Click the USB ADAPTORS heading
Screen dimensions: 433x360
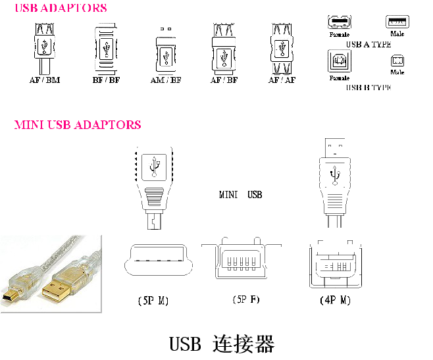60,9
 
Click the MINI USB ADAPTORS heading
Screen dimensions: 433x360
78,124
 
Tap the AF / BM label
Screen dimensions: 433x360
45,80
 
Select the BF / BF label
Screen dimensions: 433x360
107,80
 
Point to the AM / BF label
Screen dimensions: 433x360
166,80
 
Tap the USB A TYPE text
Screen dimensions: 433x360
368,45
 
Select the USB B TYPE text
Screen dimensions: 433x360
368,87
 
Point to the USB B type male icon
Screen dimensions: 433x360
397,61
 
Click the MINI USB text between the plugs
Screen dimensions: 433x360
240,195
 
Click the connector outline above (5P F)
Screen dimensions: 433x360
242,261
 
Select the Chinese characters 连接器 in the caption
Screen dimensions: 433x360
243,344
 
